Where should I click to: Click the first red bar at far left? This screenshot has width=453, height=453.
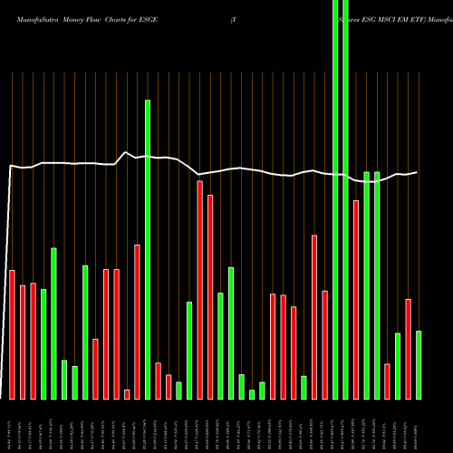[12, 334]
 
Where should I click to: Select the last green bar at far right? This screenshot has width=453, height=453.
[419, 364]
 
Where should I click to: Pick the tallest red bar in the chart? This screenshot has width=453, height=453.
[199, 290]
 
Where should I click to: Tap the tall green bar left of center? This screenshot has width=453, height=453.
[148, 249]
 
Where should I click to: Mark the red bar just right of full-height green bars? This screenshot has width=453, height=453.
[356, 299]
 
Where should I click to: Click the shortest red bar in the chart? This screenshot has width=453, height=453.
[127, 394]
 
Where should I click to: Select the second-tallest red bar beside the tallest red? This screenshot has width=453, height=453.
[210, 296]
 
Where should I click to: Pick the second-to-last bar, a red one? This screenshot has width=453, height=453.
[408, 349]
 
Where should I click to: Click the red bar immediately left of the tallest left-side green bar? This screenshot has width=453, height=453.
[137, 322]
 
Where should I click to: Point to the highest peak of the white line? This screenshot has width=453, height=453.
[127, 152]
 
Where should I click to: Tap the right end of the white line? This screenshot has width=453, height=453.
[417, 172]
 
